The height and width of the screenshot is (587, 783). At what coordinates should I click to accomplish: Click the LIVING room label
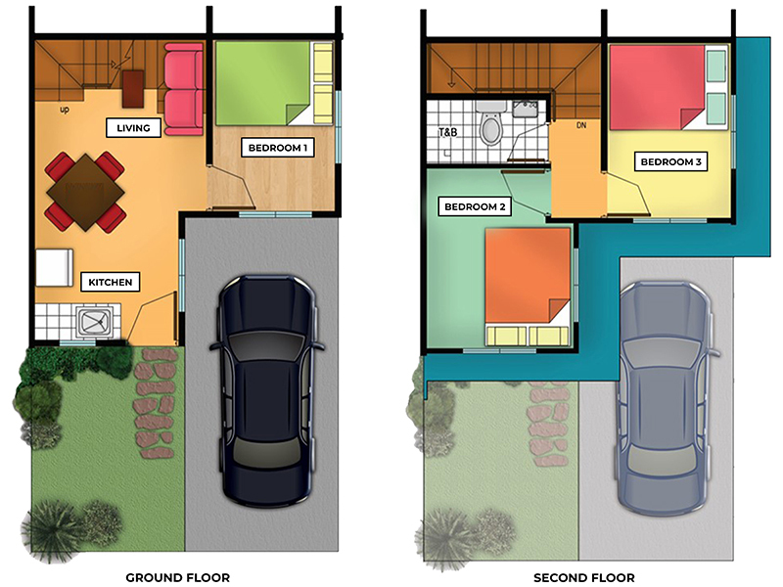pyautogui.click(x=133, y=128)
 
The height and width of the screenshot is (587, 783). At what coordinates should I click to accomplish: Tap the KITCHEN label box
pyautogui.click(x=111, y=282)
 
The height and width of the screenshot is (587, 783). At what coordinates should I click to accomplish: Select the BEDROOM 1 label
pyautogui.click(x=278, y=148)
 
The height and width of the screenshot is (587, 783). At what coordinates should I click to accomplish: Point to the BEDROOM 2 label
pyautogui.click(x=475, y=206)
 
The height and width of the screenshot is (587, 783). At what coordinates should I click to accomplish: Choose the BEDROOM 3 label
pyautogui.click(x=670, y=161)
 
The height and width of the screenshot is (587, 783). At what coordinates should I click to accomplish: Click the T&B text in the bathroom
pyautogui.click(x=448, y=132)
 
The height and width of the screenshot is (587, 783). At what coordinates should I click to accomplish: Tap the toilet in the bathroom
pyautogui.click(x=491, y=123)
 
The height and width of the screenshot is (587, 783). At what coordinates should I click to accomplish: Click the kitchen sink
pyautogui.click(x=94, y=322)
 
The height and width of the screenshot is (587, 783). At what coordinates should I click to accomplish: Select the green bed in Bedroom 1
pyautogui.click(x=274, y=83)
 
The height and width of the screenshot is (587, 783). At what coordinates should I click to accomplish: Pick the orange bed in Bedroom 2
pyautogui.click(x=528, y=287)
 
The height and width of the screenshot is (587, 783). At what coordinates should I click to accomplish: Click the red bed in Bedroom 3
pyautogui.click(x=668, y=87)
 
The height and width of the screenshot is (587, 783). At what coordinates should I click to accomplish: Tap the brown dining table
pyautogui.click(x=86, y=192)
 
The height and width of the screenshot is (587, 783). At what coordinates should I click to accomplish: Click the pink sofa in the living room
pyautogui.click(x=184, y=89)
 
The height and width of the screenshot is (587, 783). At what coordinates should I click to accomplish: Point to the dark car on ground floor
pyautogui.click(x=267, y=390)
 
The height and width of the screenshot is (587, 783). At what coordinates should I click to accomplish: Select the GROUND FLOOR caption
pyautogui.click(x=178, y=577)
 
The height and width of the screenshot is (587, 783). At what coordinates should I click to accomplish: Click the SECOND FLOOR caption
pyautogui.click(x=584, y=577)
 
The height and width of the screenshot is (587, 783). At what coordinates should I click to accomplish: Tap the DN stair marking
pyautogui.click(x=581, y=125)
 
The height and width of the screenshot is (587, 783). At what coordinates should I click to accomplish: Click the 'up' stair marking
pyautogui.click(x=65, y=110)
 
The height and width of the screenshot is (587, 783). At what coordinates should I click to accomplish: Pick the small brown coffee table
pyautogui.click(x=133, y=89)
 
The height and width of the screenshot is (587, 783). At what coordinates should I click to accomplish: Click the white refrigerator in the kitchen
pyautogui.click(x=55, y=267)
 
